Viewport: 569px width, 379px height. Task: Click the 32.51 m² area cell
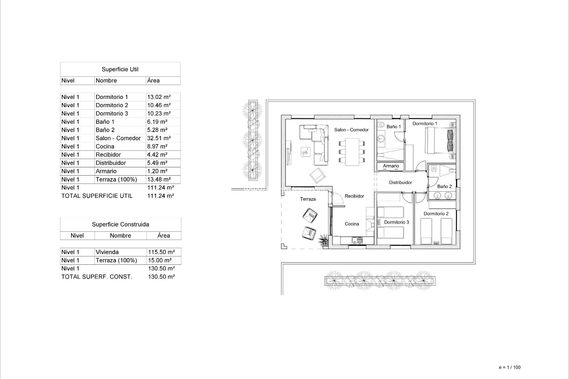pos(159,138)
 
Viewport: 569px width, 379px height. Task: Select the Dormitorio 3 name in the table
pos(112,113)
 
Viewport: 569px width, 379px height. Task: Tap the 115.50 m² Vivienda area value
pos(161,252)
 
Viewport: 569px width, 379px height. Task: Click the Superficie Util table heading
pos(120,69)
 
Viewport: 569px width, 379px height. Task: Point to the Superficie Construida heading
pos(120,224)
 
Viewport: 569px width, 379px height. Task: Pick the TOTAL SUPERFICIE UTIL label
pos(97,196)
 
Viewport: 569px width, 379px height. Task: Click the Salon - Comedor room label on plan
pos(351,130)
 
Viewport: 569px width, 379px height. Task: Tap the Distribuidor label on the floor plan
pos(400,182)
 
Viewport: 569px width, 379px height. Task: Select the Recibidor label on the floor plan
pos(354,196)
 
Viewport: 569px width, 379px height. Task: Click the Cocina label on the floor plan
pos(352,224)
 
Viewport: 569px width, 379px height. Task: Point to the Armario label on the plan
pos(391,166)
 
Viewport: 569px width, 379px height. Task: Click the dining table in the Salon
pos(352,152)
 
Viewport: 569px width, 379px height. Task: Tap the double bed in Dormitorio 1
pos(440,140)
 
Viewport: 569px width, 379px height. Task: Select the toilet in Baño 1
pos(381,125)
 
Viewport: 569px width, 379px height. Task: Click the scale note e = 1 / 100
pos(509,367)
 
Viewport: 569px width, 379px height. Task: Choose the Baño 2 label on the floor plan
pos(444,187)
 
